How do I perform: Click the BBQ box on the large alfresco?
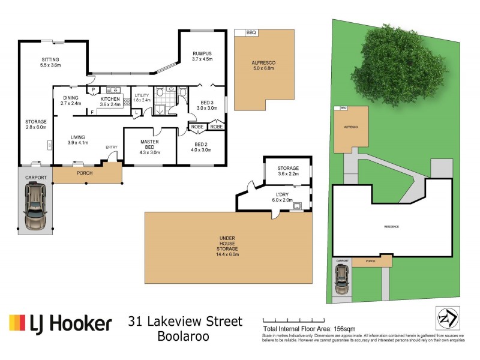coord(247,33)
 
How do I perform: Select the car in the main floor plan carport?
coord(35,205)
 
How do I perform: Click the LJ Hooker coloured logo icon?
coord(17,323)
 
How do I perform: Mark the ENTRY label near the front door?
coord(112,147)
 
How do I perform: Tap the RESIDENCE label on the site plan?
coord(391,226)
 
